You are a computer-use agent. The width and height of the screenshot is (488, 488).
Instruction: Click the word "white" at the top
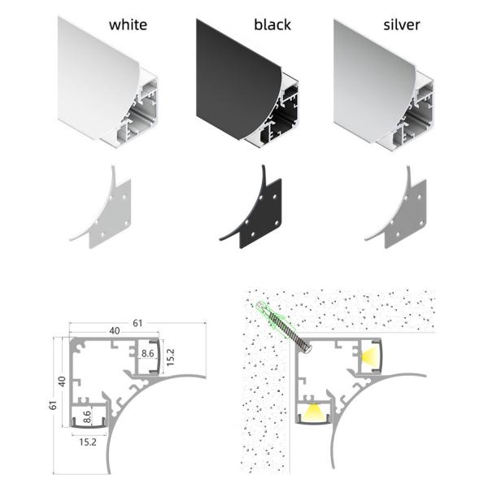click(x=128, y=25)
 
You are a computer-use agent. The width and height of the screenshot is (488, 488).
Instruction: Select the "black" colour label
click(x=272, y=24)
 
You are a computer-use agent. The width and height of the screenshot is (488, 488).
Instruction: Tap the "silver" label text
click(x=402, y=25)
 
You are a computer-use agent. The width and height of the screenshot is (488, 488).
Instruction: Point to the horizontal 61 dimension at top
click(x=137, y=323)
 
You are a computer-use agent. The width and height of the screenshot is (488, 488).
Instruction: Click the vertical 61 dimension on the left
click(x=53, y=405)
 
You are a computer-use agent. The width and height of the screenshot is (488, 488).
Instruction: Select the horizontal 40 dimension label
click(x=115, y=330)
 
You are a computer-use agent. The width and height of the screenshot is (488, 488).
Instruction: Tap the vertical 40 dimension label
click(x=63, y=381)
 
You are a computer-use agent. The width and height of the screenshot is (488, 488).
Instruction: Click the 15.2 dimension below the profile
click(x=88, y=442)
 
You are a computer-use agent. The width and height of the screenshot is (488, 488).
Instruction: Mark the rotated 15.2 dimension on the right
click(x=171, y=357)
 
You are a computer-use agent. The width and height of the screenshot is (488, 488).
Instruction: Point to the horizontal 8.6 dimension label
click(x=147, y=353)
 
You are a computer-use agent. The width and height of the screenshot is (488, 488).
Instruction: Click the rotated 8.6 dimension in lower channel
click(x=87, y=417)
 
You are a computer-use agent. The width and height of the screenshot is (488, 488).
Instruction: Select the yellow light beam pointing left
click(x=370, y=355)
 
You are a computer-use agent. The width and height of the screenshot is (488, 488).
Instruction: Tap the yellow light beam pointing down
click(x=312, y=411)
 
